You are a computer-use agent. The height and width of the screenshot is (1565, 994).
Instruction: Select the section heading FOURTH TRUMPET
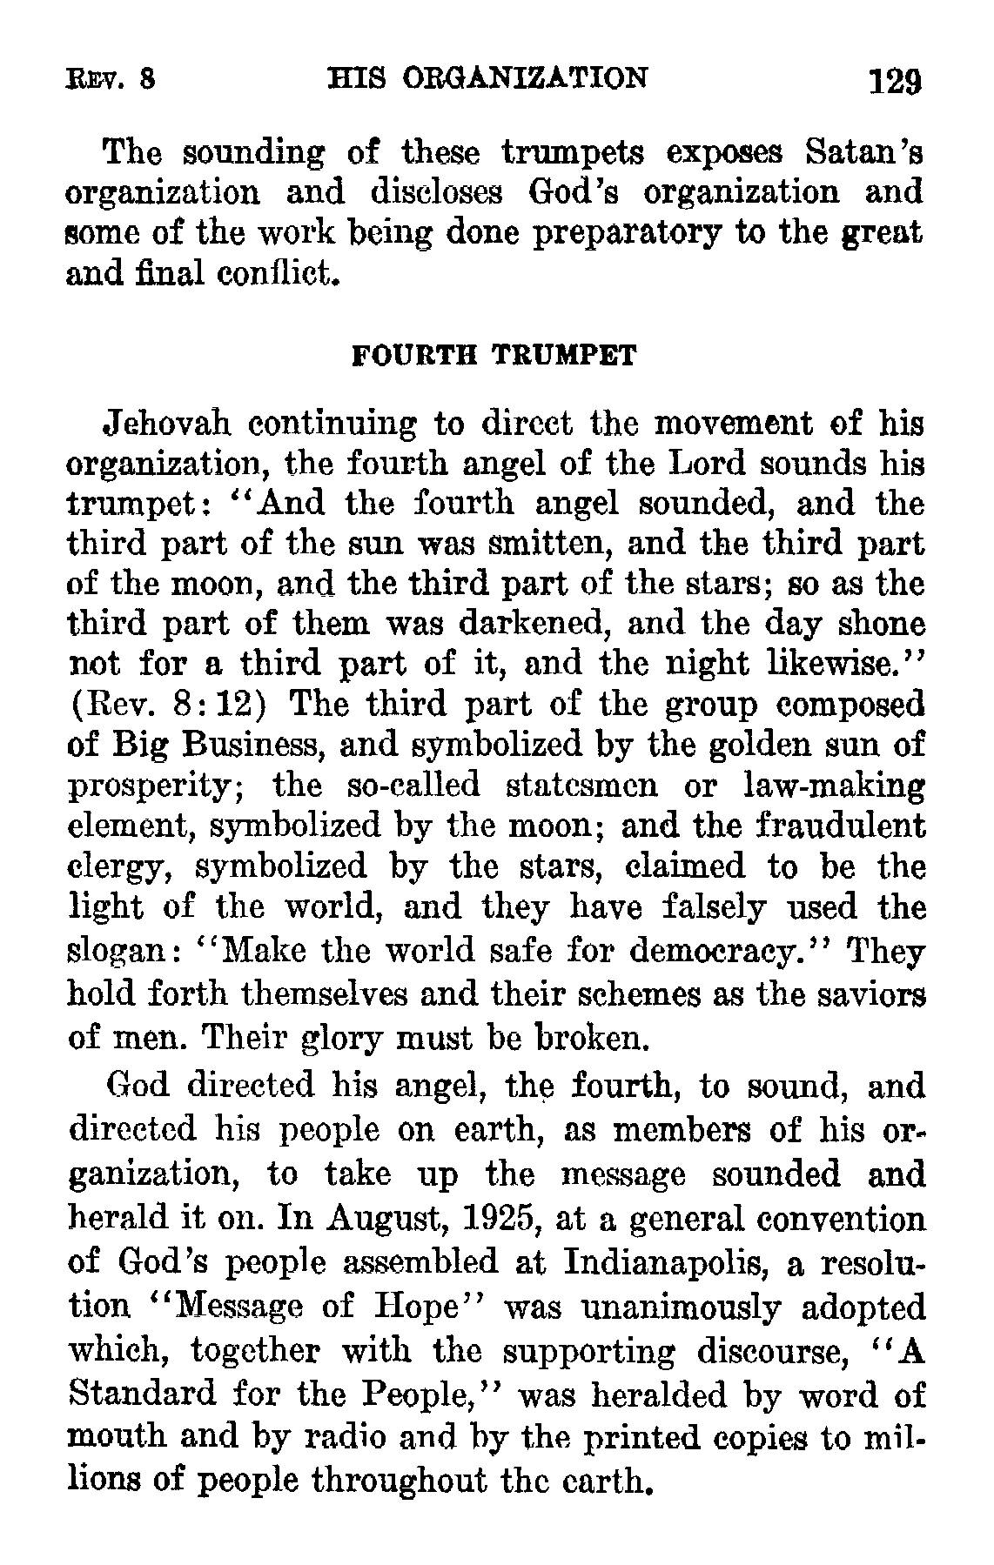[494, 357]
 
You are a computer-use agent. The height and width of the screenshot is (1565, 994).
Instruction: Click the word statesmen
[587, 786]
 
